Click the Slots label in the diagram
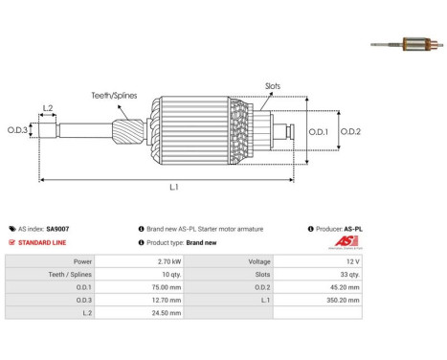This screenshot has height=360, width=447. click(x=274, y=86)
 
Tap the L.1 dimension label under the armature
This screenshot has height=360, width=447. click(x=173, y=186)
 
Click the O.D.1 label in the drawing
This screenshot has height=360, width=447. click(x=321, y=131)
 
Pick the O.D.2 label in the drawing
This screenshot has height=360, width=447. click(x=350, y=131)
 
